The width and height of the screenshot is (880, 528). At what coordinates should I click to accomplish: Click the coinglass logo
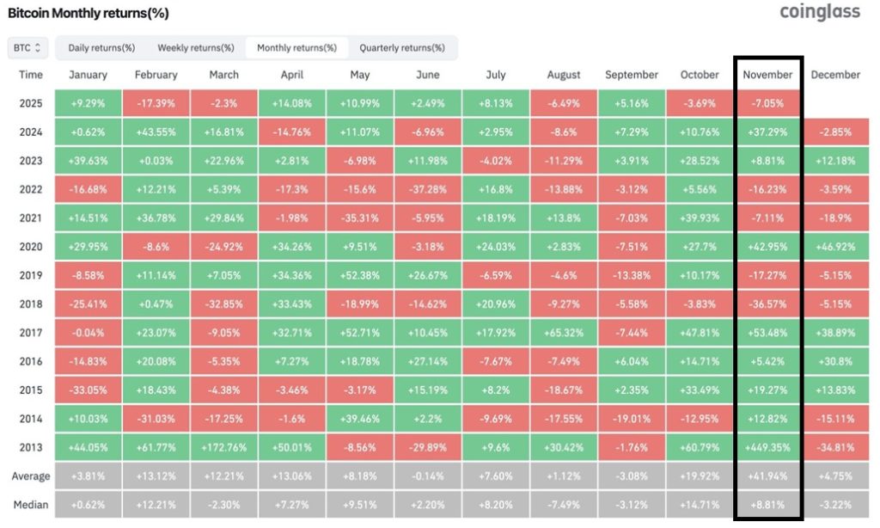point(819,12)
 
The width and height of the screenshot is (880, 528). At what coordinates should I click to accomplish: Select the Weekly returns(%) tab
point(195,47)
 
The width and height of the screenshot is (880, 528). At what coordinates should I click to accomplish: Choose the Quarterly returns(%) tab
point(401,47)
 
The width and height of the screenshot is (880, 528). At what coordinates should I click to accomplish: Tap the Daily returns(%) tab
point(101,47)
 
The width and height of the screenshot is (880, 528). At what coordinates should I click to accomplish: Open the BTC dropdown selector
point(26,47)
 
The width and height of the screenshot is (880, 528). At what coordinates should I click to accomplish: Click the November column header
point(767,75)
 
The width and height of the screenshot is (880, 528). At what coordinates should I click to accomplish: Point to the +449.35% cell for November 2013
point(767,448)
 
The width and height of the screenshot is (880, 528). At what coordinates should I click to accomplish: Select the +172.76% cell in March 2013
point(223,448)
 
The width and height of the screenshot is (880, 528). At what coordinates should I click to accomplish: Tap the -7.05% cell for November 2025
point(767,103)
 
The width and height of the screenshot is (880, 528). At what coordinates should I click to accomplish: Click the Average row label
point(31,476)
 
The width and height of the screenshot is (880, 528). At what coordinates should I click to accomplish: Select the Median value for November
point(767,504)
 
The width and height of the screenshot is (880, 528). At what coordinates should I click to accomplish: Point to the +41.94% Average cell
point(767,476)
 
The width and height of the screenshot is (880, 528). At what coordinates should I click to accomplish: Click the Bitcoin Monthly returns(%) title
point(89,14)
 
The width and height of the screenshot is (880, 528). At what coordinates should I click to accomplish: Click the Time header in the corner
point(31,75)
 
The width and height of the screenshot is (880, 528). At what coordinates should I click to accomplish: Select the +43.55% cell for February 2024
point(156,132)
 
